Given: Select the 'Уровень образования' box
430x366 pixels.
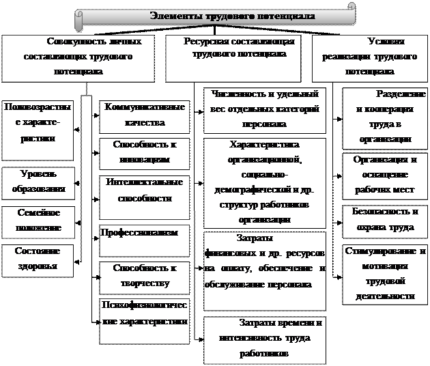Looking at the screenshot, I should click(x=38, y=182).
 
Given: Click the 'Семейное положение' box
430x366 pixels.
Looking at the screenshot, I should click(x=38, y=220).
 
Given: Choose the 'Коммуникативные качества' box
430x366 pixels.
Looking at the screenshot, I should click(x=144, y=115).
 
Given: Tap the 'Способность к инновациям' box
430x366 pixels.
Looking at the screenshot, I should click(x=144, y=152).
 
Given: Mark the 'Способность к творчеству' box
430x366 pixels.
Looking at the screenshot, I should click(x=144, y=277).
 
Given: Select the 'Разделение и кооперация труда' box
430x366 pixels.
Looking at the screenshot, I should click(x=385, y=116).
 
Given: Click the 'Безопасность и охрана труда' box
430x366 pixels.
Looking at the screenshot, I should click(x=385, y=219).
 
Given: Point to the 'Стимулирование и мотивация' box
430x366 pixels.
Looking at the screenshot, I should click(x=385, y=273).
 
